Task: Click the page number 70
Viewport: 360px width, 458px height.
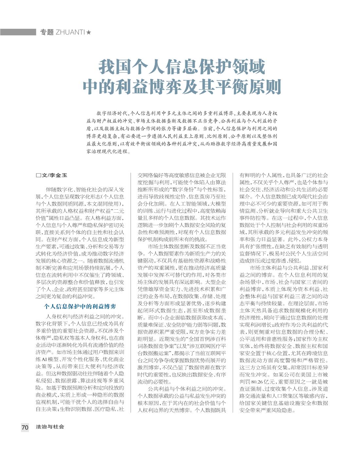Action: (x=25, y=427)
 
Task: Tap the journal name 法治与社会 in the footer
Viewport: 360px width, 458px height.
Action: (x=50, y=427)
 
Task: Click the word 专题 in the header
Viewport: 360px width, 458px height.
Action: (x=47, y=32)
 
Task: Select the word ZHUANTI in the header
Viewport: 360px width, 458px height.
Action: (x=70, y=32)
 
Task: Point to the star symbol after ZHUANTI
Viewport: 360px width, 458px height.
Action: (x=89, y=32)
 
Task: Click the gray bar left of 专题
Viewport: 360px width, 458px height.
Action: (x=18, y=32)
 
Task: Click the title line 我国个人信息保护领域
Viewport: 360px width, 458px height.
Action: (x=182, y=67)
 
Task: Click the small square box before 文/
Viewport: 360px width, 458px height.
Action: (x=38, y=175)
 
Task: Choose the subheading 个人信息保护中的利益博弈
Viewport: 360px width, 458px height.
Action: (x=80, y=307)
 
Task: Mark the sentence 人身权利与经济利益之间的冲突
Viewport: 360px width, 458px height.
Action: (x=84, y=316)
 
